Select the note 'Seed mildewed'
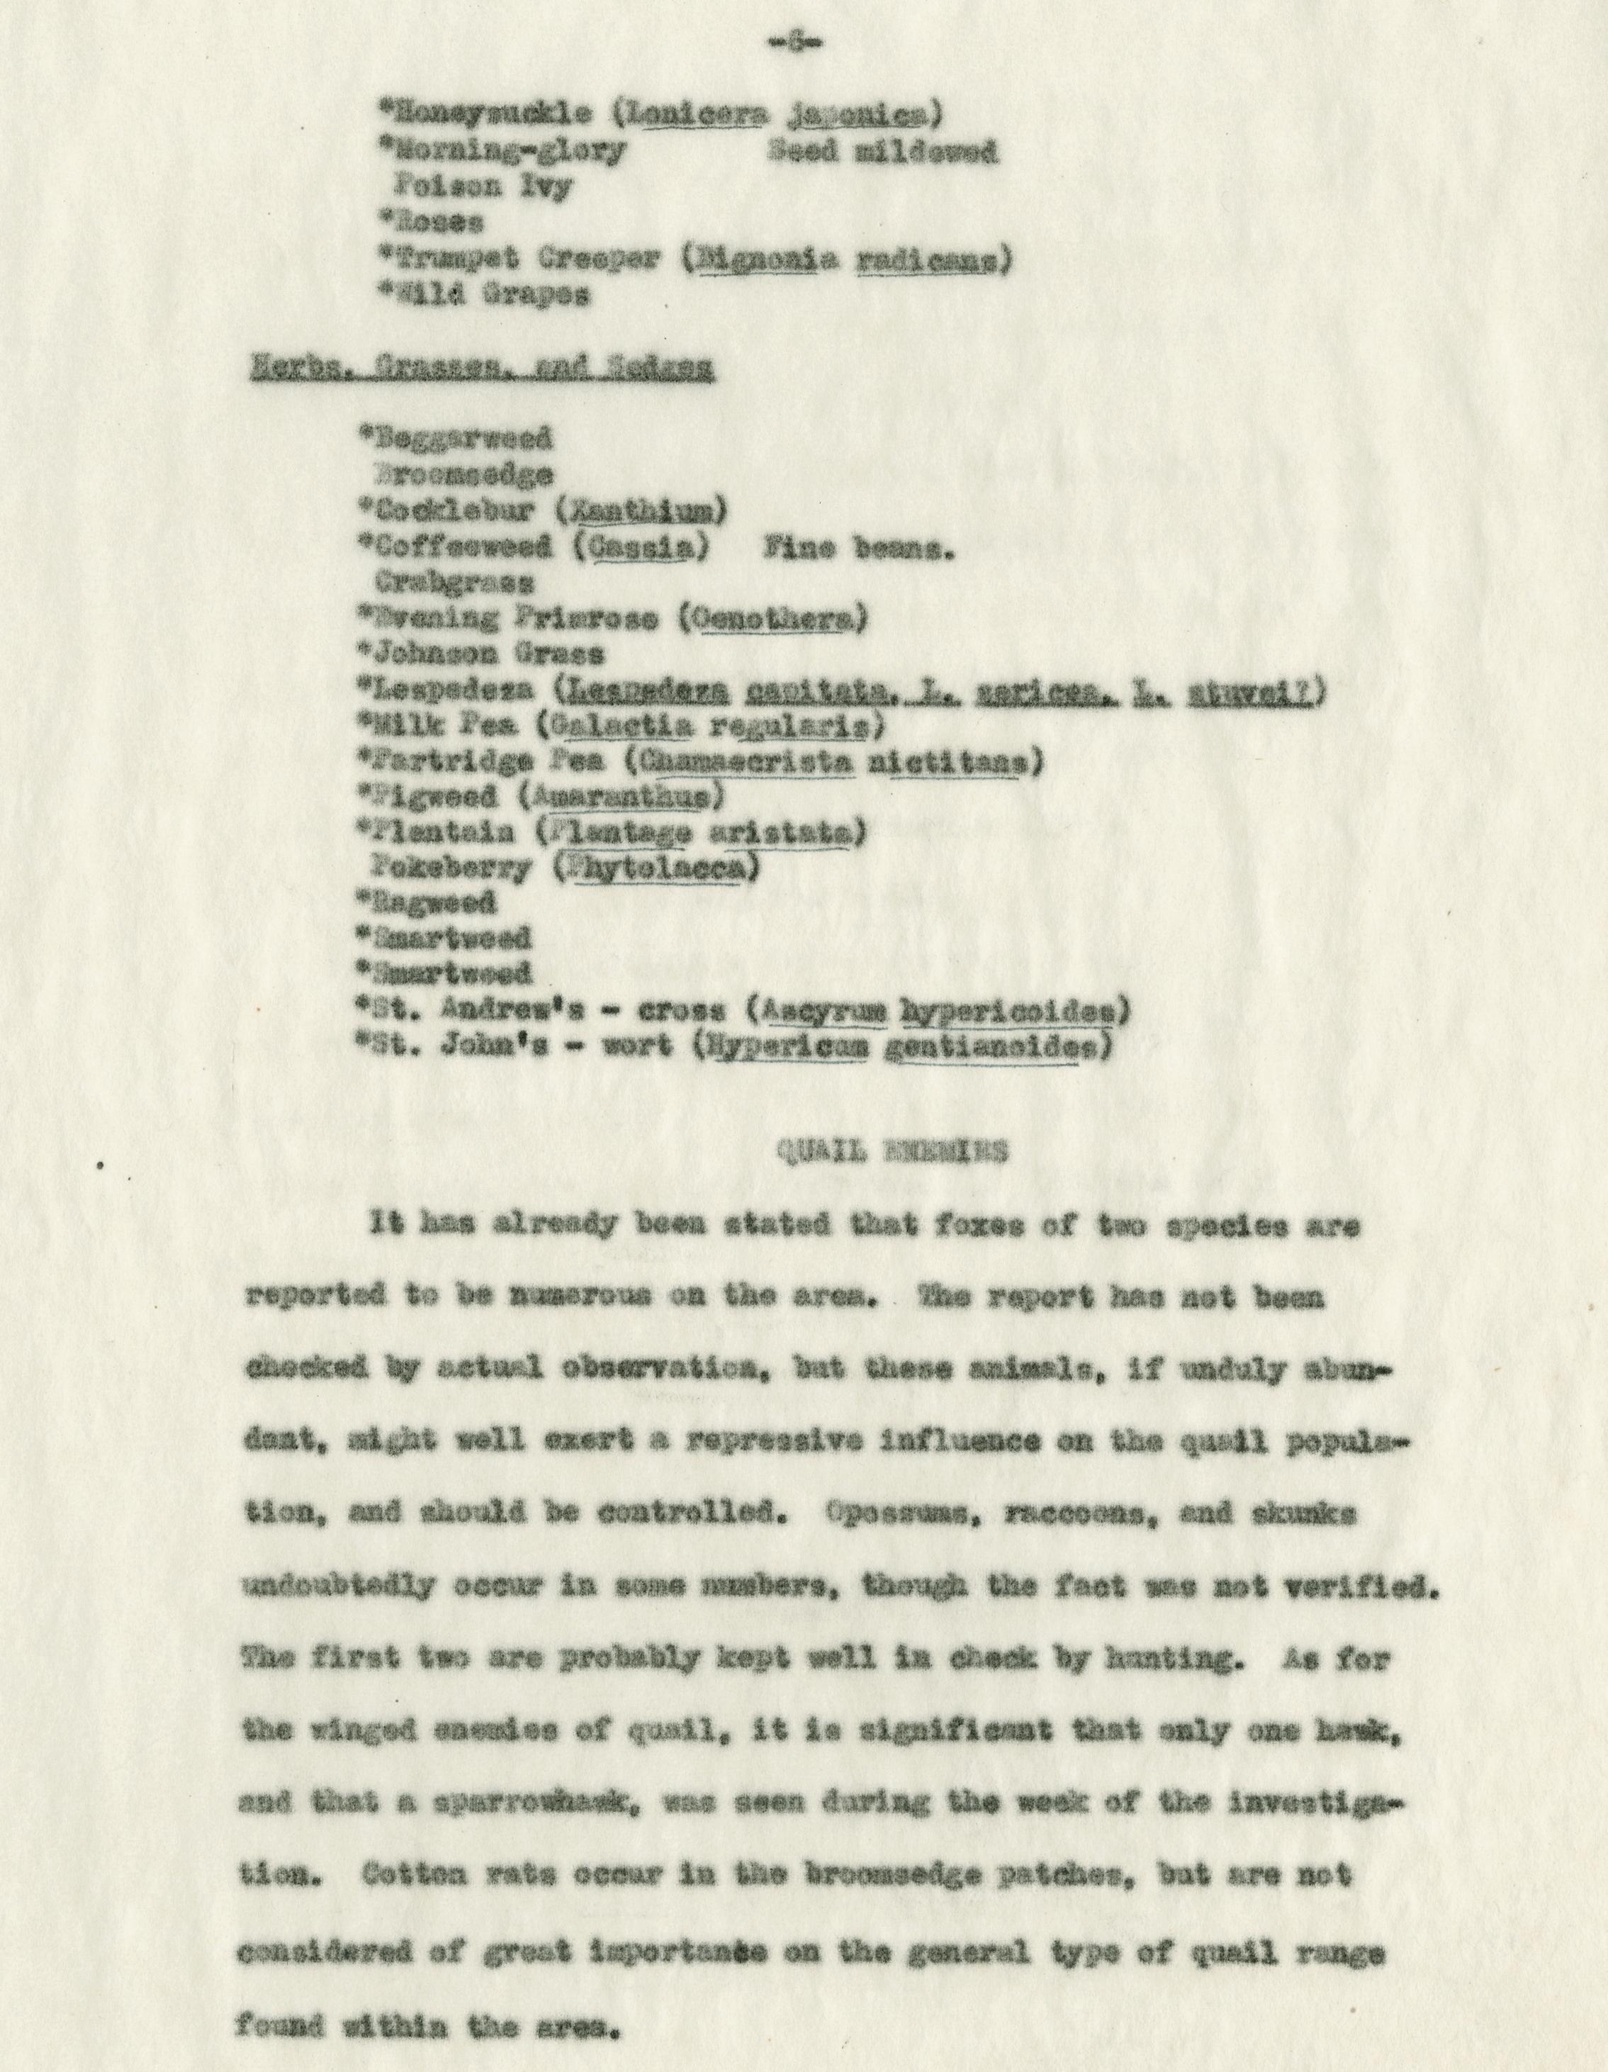pos(882,152)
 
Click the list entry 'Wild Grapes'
pos(484,295)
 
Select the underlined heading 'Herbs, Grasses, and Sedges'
pos(482,370)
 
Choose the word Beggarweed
pos(454,439)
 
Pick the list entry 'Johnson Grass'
pos(481,654)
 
